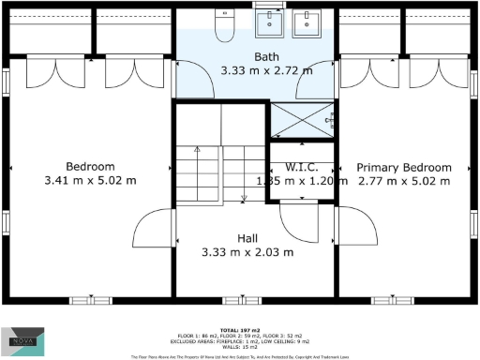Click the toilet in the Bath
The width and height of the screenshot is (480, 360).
click(224, 29)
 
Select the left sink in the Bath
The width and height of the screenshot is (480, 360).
click(273, 23)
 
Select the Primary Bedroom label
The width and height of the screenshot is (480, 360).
click(404, 167)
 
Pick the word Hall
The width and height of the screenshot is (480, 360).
click(247, 238)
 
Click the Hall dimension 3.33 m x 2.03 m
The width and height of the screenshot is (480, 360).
click(247, 252)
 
